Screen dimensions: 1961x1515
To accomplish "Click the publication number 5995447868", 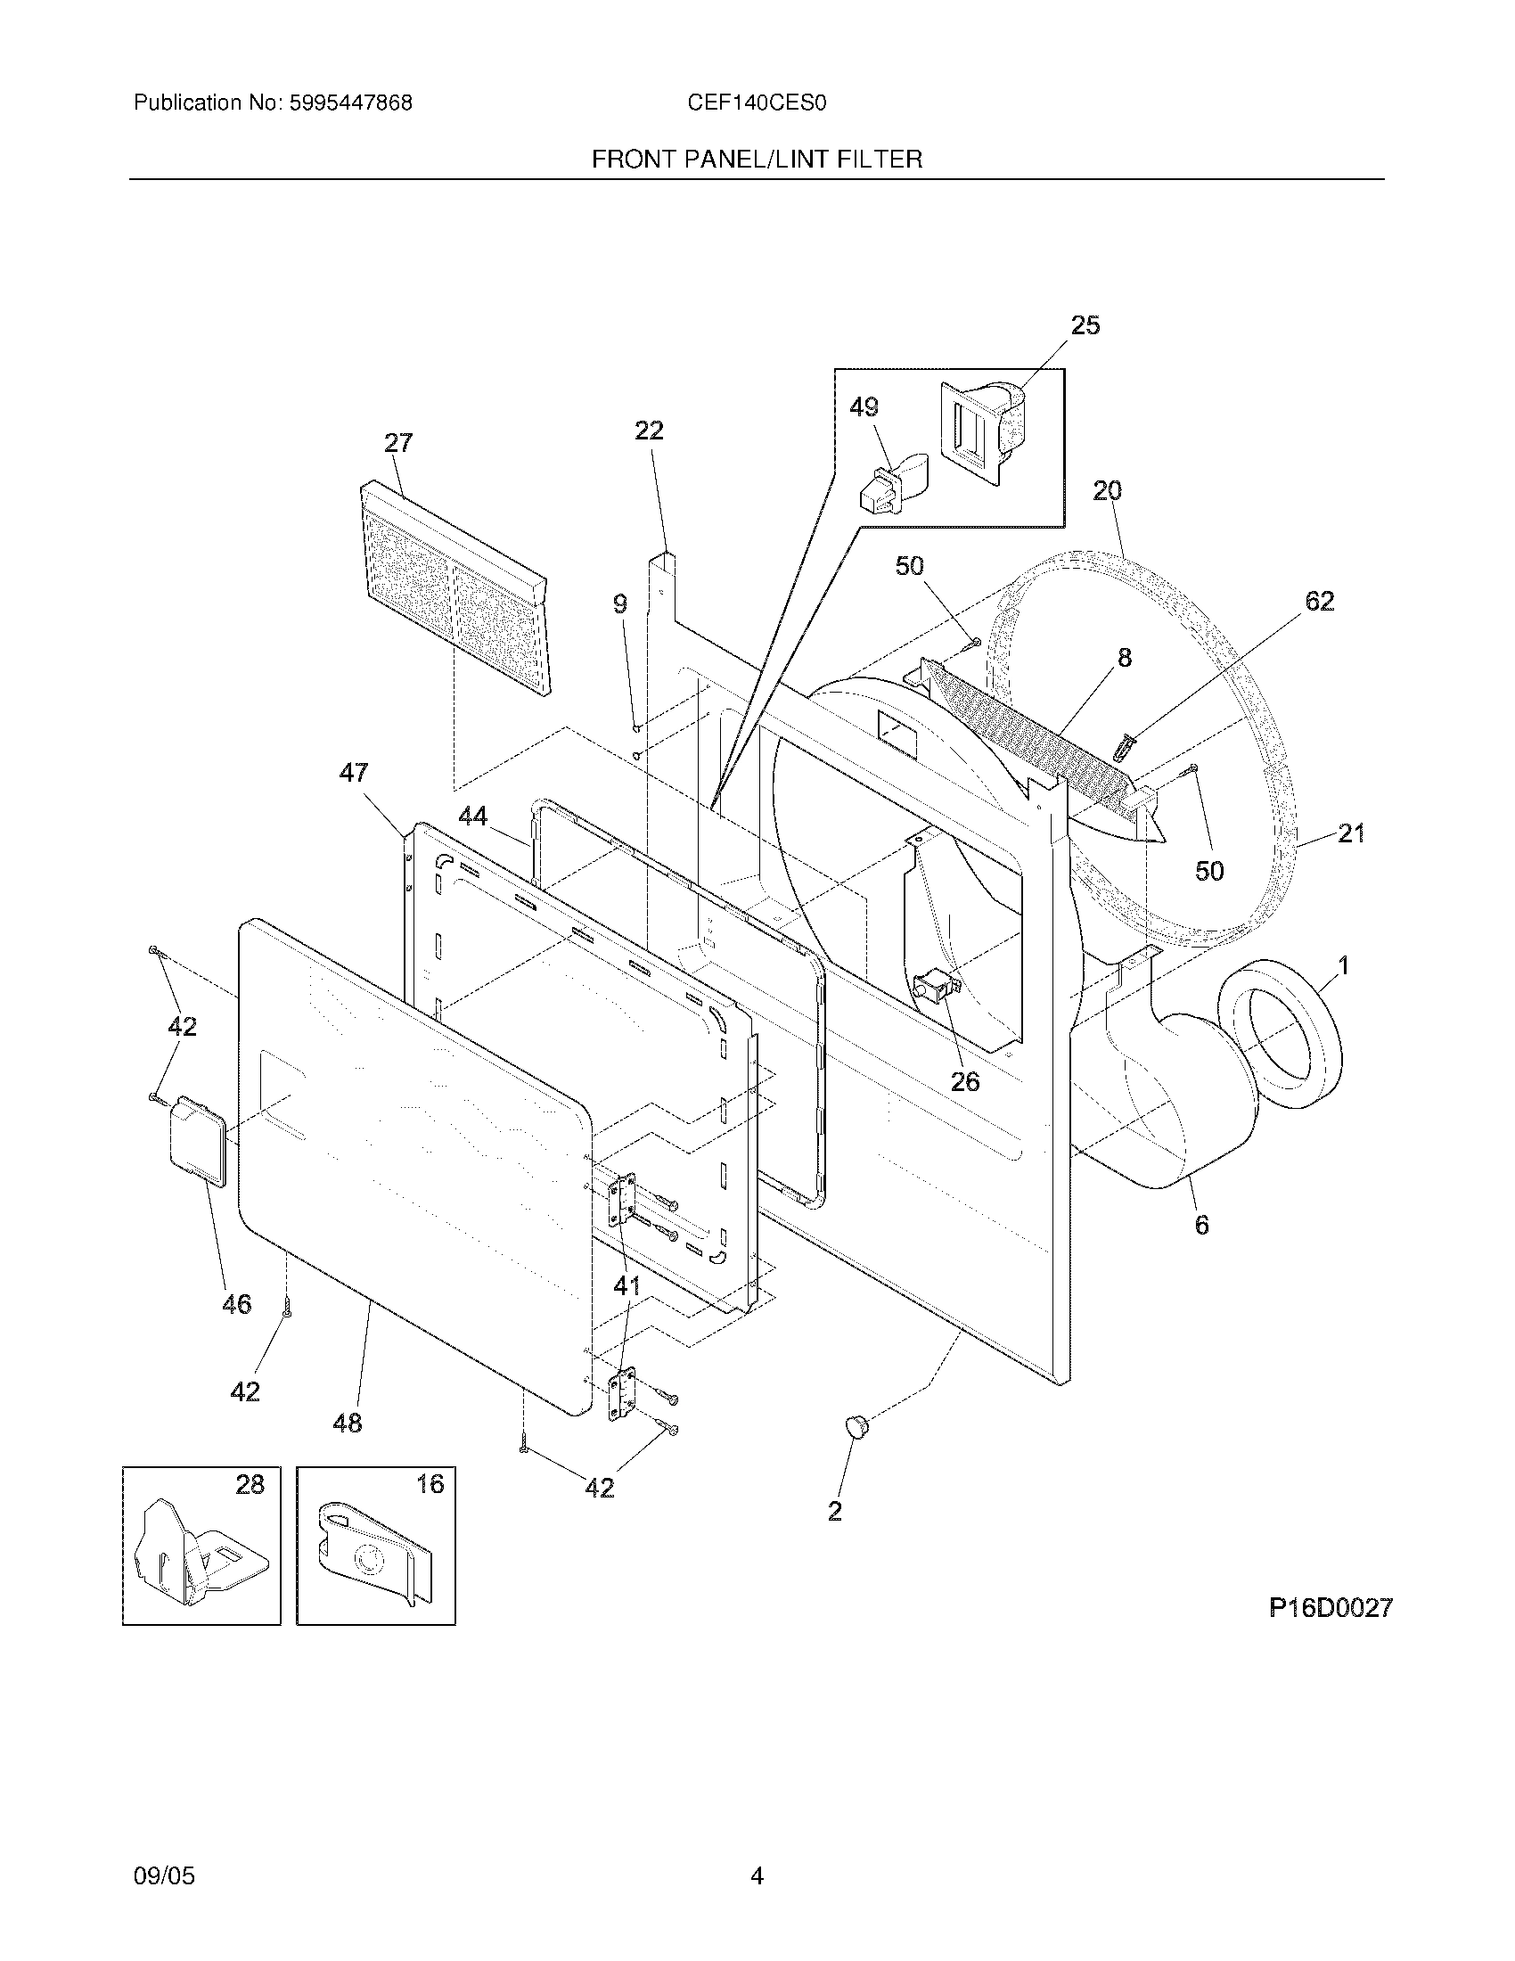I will (x=349, y=103).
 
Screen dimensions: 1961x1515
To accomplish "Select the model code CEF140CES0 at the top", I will (x=757, y=103).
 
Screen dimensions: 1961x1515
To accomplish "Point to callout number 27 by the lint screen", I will (x=398, y=443).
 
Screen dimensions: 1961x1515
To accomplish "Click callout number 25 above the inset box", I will (x=1085, y=325).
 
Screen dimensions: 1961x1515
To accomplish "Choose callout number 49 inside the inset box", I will (x=864, y=407).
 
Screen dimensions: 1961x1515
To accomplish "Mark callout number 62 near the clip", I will (x=1319, y=601).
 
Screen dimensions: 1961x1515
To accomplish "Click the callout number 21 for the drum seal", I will (x=1351, y=833).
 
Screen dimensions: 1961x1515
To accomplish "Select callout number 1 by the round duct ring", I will (x=1343, y=966).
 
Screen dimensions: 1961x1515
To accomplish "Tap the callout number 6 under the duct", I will (x=1202, y=1224).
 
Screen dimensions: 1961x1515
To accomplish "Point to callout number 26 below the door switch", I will (x=965, y=1081).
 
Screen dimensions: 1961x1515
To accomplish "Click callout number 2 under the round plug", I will (x=835, y=1510).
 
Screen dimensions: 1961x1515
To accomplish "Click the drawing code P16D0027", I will (x=1331, y=1607).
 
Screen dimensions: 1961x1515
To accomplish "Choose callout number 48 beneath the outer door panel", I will (x=348, y=1423).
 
